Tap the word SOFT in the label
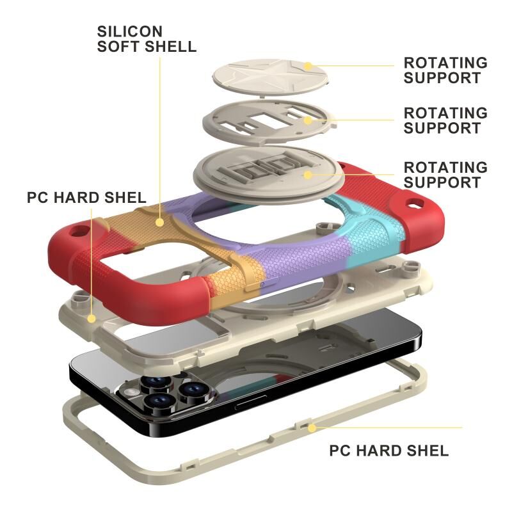[116, 47]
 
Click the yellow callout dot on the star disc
[308, 65]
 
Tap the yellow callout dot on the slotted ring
[308, 118]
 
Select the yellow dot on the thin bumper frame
[312, 427]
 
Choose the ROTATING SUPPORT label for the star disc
[445, 70]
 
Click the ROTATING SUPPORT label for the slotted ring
[445, 120]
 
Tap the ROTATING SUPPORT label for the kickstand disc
[445, 175]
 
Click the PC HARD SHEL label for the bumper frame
[388, 451]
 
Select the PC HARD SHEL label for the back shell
[86, 196]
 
